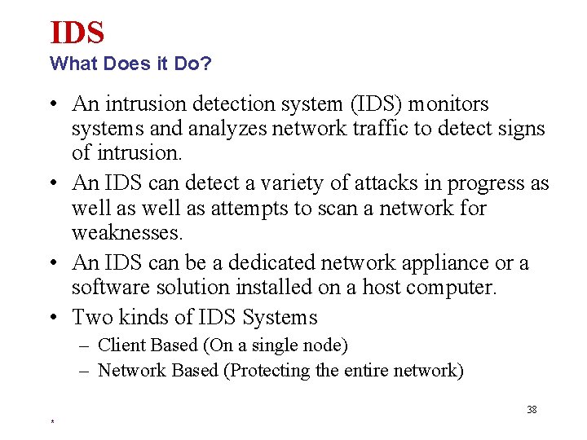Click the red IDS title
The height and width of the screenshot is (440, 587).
tap(77, 33)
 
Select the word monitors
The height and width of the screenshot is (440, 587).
tap(449, 104)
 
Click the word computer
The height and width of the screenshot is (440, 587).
tap(457, 288)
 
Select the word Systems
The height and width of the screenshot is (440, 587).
tap(281, 317)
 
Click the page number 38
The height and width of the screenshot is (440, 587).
tap(532, 410)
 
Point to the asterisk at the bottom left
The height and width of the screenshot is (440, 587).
tap(52, 422)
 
